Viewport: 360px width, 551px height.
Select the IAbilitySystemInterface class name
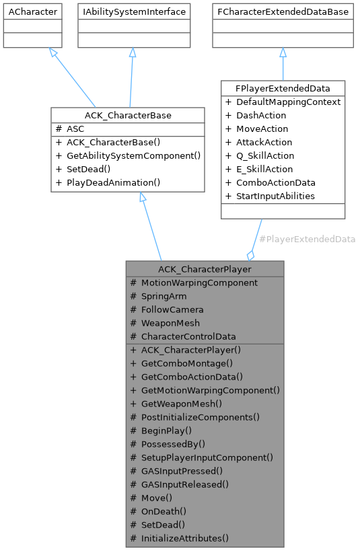point(132,12)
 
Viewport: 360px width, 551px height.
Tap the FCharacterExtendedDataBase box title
point(283,12)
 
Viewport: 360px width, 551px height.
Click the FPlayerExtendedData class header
point(283,88)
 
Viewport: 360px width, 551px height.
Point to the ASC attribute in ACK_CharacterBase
point(75,128)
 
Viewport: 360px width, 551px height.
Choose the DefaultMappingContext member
point(288,102)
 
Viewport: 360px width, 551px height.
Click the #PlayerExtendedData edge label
point(307,239)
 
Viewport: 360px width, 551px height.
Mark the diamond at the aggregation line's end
point(251,255)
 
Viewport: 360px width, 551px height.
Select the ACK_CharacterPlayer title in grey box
point(205,269)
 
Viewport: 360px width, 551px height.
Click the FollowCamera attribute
point(172,309)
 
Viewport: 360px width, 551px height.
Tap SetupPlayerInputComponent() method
point(207,457)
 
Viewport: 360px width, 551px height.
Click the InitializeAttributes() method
point(184,538)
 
